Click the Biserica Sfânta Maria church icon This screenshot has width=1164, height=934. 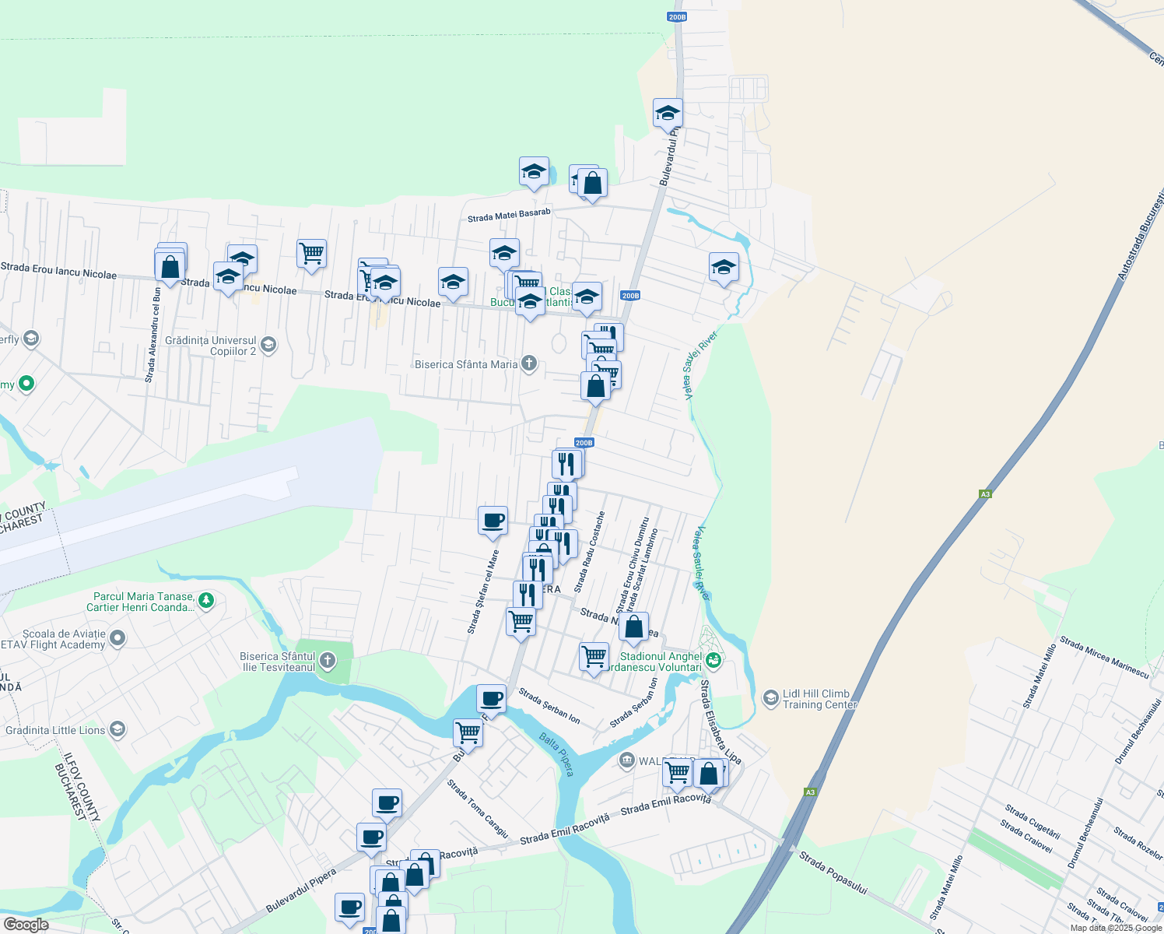click(x=529, y=363)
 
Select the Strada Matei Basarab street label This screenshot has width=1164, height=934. click(x=509, y=215)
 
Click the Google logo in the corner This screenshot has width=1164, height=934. click(x=26, y=924)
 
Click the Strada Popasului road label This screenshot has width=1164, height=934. click(x=833, y=873)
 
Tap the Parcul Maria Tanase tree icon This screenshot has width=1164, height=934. click(x=206, y=600)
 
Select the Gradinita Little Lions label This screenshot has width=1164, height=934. click(x=55, y=730)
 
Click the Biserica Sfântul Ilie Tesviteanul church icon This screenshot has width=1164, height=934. click(x=328, y=662)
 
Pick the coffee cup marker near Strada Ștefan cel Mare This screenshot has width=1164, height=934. click(x=493, y=521)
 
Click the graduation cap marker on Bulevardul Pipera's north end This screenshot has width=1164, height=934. click(x=668, y=114)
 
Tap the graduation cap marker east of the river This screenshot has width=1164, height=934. click(x=724, y=267)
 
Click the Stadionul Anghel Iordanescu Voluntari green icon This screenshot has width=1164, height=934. click(x=714, y=662)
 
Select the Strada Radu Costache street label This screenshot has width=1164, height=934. click(x=589, y=552)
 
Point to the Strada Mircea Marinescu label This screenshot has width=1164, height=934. click(x=1104, y=658)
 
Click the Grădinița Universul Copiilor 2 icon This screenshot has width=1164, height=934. click(x=268, y=345)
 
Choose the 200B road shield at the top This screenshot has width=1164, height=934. click(x=677, y=16)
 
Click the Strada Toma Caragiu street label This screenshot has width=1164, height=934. click(x=478, y=809)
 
